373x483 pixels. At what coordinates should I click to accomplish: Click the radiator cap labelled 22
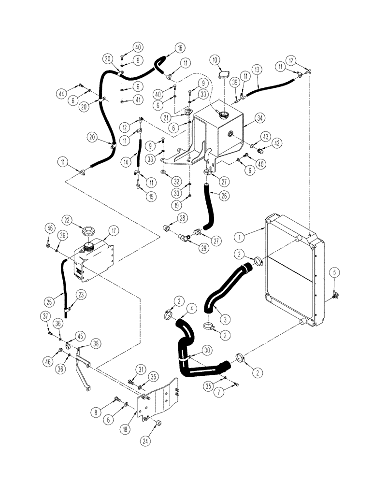pos(89,232)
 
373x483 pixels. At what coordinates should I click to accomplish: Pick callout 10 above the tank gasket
pos(215,59)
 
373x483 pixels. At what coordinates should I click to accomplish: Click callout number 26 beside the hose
pos(225,197)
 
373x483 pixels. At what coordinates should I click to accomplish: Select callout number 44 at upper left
pos(74,92)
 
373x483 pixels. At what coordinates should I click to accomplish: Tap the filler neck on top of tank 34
pos(224,115)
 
